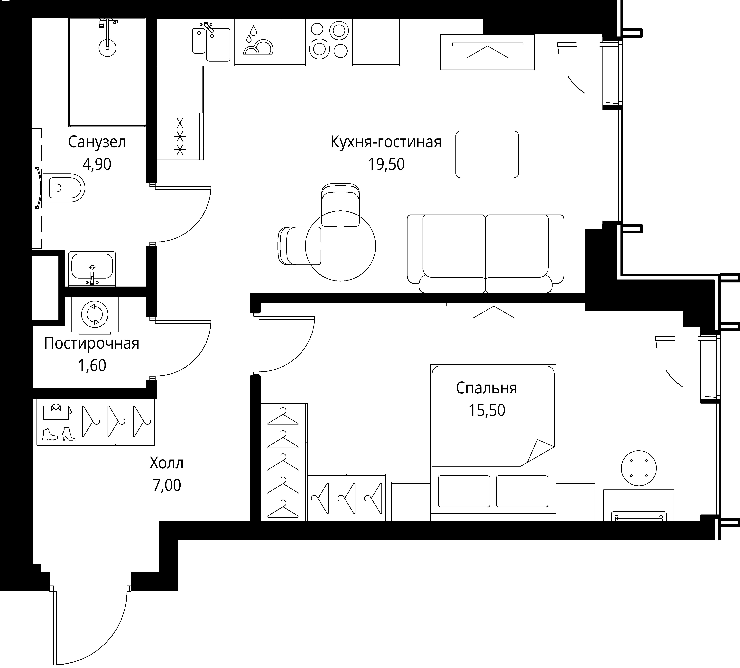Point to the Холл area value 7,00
(x=167, y=485)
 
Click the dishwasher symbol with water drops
(x=258, y=42)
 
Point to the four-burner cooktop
(x=329, y=41)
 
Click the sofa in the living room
(x=486, y=254)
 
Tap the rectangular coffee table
(x=487, y=154)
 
